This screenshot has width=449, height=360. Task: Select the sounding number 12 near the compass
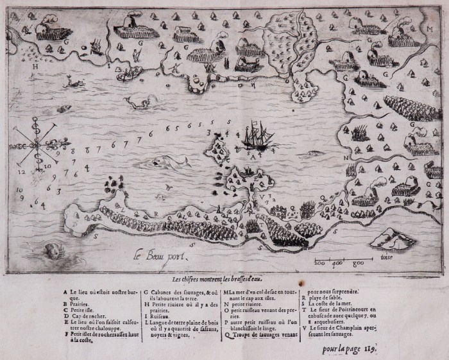tap(21, 172)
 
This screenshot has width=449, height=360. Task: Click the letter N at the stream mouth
tap(344, 157)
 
